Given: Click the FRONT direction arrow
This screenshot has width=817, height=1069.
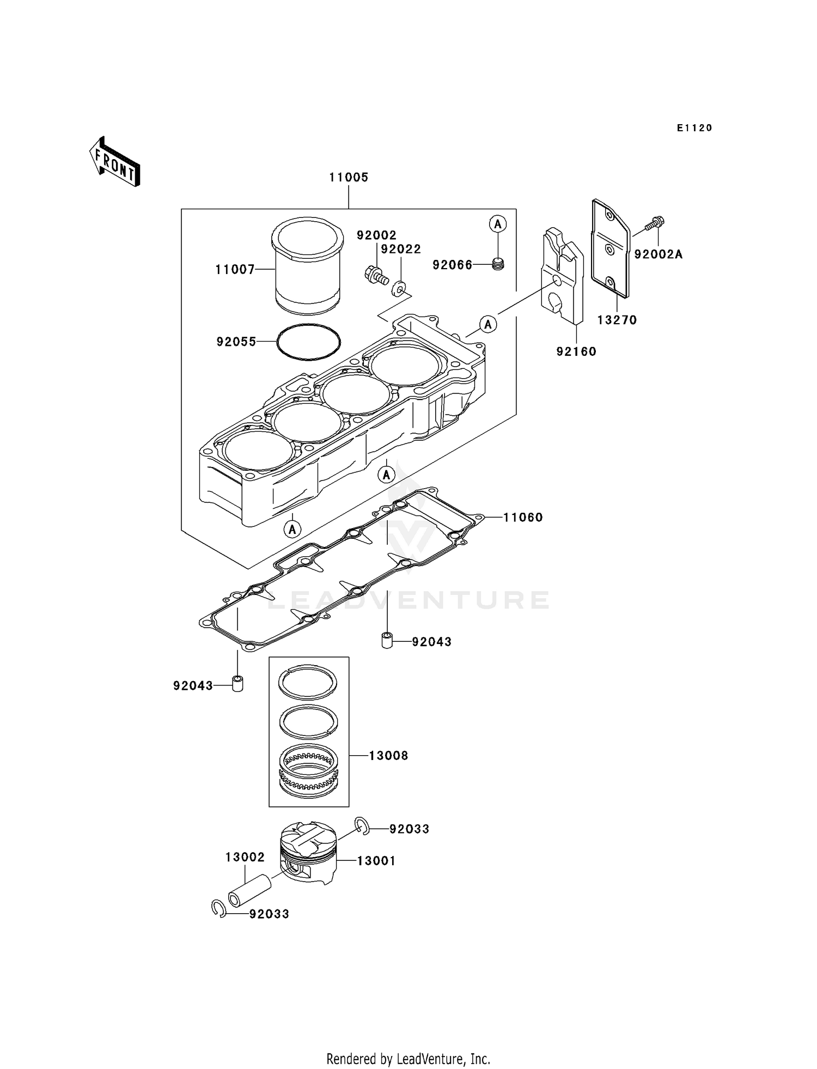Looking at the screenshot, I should click(115, 163).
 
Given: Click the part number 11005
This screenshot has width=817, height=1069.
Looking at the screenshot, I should click(349, 178).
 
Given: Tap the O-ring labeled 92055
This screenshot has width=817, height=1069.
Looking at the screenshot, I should click(308, 342).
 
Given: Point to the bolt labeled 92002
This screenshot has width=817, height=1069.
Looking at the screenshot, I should click(375, 275).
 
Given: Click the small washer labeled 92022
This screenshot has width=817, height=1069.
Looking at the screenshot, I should click(400, 286).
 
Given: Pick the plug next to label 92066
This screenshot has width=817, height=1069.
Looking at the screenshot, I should click(498, 265).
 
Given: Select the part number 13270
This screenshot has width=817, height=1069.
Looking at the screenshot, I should click(617, 320).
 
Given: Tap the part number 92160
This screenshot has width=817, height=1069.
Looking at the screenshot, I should click(576, 352).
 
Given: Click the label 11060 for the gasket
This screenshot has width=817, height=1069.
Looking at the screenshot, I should click(523, 518).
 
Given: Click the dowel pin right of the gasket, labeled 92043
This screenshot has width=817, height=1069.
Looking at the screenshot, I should click(387, 641).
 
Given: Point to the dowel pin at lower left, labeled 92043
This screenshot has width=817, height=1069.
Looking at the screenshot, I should click(237, 684).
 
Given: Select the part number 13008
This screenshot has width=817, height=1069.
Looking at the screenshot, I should click(388, 756).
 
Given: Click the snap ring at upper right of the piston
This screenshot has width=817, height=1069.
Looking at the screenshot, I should click(362, 827).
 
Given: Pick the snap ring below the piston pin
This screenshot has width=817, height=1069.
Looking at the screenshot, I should click(219, 909).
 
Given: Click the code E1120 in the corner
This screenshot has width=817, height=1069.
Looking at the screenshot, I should click(694, 128).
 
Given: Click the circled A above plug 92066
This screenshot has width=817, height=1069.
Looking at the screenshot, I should click(497, 223).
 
